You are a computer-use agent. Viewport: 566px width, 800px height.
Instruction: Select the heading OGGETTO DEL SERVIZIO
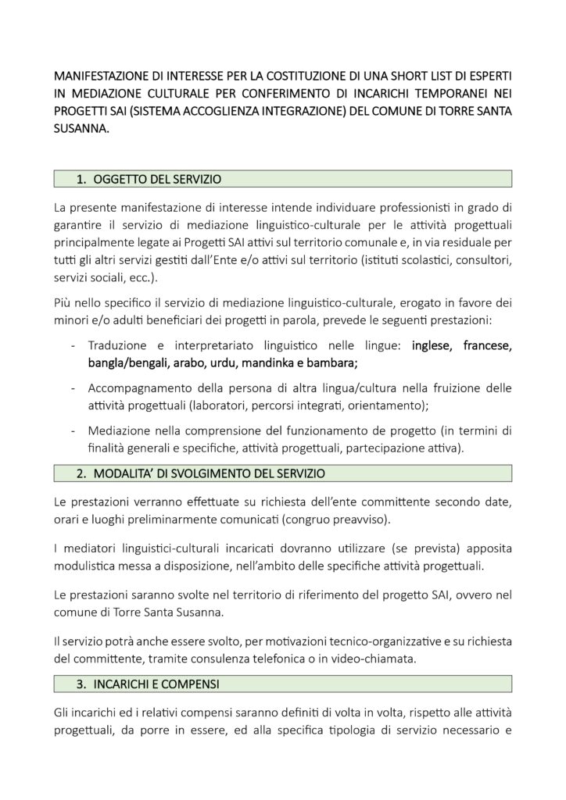click(x=156, y=180)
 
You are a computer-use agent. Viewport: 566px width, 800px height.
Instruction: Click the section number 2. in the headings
click(x=81, y=473)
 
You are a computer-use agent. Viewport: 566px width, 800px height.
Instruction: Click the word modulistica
click(x=87, y=564)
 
